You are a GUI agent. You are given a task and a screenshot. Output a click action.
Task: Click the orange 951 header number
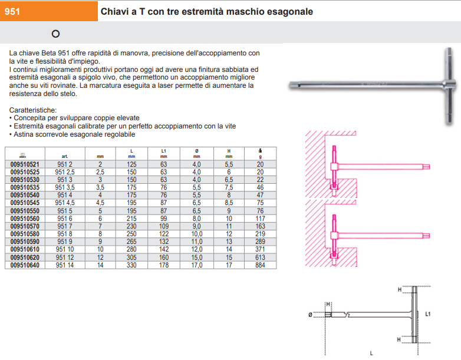(12, 11)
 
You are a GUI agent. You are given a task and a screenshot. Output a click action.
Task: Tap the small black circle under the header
(55, 34)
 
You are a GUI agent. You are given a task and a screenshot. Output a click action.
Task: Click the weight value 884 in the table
(260, 265)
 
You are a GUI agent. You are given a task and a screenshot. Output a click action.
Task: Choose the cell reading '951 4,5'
(64, 203)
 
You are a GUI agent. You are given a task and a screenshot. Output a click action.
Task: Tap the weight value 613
(260, 257)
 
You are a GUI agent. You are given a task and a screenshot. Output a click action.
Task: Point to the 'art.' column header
(64, 156)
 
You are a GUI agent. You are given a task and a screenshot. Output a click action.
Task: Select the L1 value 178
(163, 265)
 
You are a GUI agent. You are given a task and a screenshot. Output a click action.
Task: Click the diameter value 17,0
(196, 265)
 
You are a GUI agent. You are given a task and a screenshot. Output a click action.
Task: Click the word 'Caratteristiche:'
(34, 110)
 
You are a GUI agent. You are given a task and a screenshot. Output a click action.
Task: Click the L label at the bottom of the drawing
(371, 353)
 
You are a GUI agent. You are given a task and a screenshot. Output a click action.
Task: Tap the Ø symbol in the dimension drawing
(310, 314)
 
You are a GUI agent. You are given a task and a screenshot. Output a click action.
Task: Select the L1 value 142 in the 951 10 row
(163, 250)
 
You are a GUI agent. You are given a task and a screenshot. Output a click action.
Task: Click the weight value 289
(260, 242)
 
